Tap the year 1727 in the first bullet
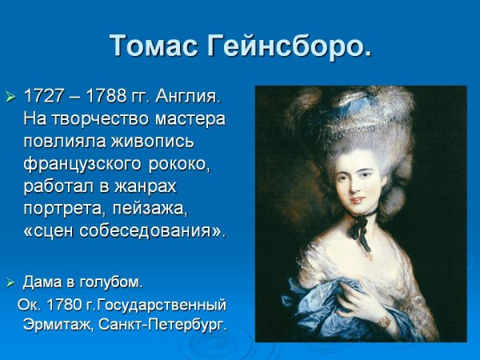44,97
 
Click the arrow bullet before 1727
10,98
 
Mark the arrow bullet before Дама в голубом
10,282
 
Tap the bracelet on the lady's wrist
385,321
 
